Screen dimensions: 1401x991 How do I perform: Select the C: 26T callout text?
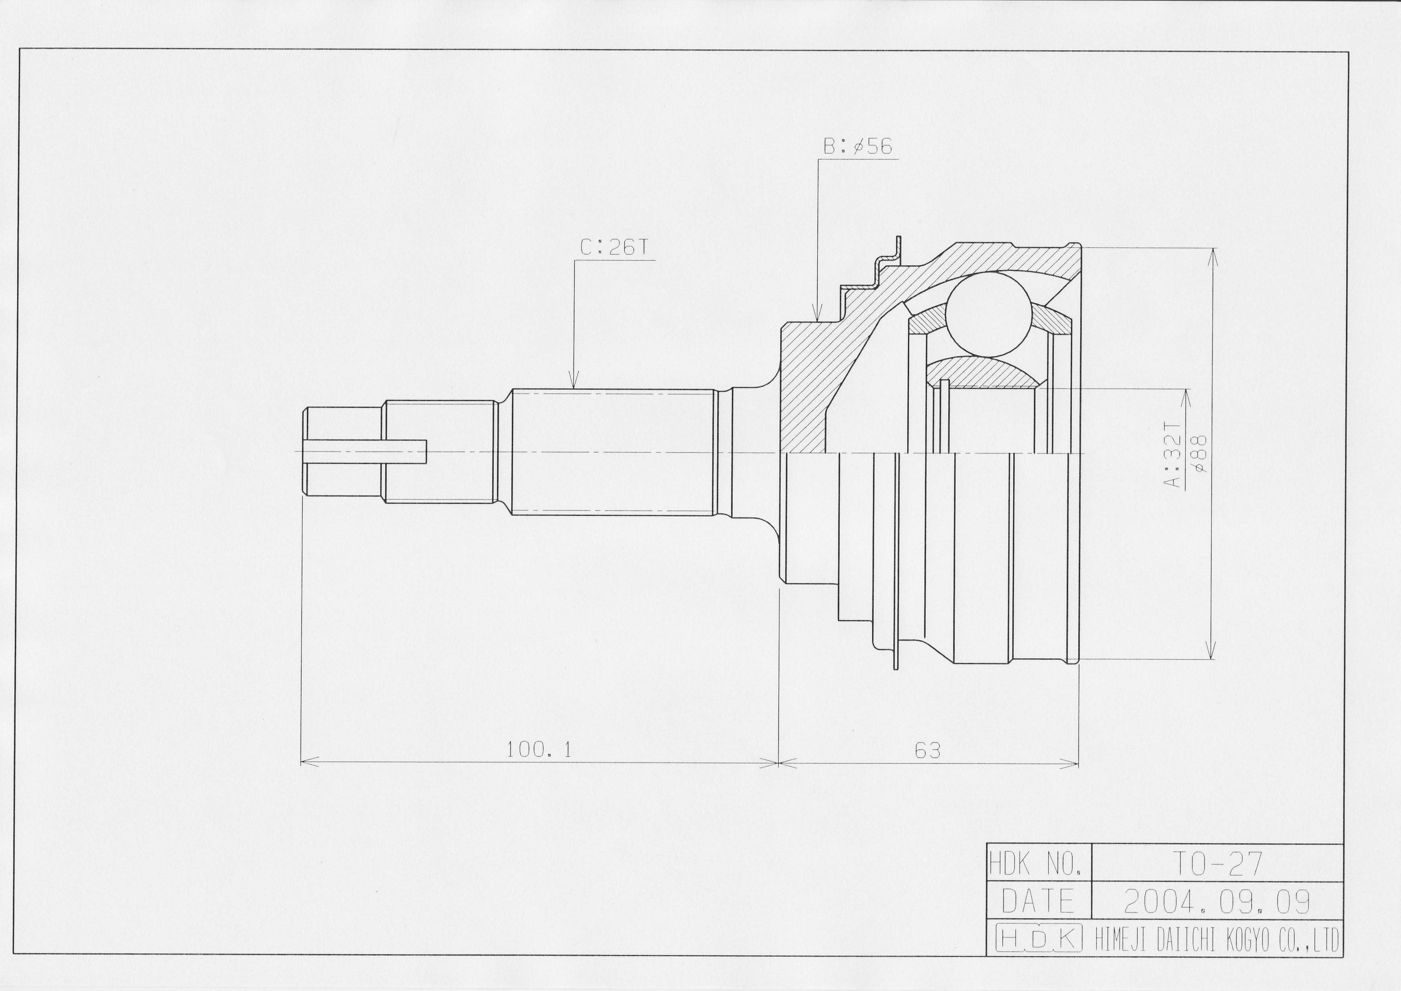614,247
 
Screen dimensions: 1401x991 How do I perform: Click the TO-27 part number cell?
1217,863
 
